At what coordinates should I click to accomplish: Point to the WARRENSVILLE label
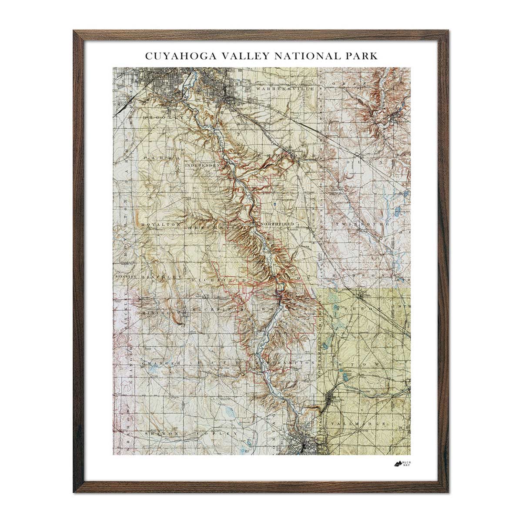click(x=279, y=89)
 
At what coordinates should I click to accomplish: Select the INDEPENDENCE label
click(x=205, y=166)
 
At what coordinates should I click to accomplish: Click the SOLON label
click(x=361, y=161)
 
